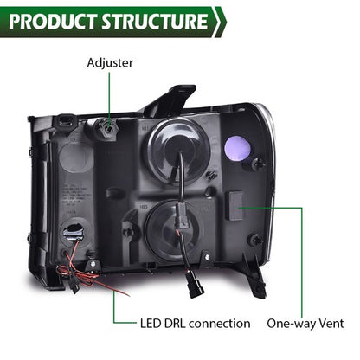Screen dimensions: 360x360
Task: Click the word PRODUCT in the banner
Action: (53, 22)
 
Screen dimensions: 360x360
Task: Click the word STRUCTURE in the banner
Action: (154, 22)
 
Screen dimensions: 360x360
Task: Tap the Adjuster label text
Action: (110, 63)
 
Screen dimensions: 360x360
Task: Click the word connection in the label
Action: (220, 324)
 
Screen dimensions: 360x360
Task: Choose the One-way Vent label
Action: (305, 324)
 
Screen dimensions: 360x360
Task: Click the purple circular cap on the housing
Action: (237, 147)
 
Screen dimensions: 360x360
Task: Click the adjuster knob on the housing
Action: (108, 128)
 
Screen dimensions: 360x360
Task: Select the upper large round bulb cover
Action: (179, 152)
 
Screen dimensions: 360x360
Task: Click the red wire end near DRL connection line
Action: (127, 295)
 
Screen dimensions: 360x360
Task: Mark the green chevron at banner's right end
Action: (220, 22)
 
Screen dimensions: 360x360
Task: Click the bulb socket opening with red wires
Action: (74, 232)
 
